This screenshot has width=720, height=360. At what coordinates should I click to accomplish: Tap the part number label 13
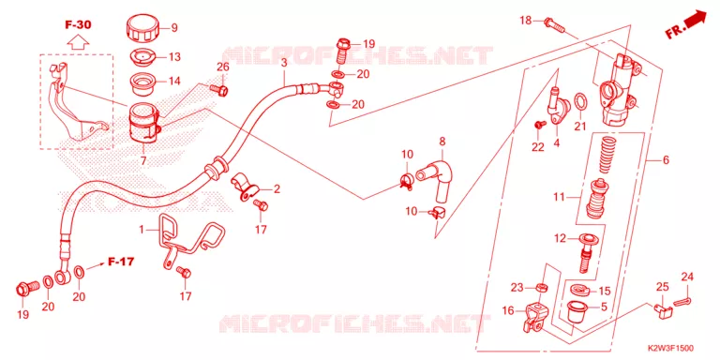tap(174, 57)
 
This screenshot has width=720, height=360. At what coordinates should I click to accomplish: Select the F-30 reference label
tap(78, 24)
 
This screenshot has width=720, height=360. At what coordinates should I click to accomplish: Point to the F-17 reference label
tap(121, 262)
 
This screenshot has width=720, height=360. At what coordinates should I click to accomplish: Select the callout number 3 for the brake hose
tap(284, 63)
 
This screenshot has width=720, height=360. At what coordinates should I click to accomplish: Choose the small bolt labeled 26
tap(219, 90)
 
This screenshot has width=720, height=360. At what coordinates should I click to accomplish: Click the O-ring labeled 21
tap(580, 102)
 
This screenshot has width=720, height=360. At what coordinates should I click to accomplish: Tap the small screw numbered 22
tap(540, 124)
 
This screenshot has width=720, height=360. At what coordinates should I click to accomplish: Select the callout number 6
tap(666, 160)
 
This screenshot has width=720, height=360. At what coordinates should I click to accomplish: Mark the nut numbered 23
tap(541, 288)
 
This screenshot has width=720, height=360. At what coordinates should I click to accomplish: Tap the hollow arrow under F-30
tap(78, 42)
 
